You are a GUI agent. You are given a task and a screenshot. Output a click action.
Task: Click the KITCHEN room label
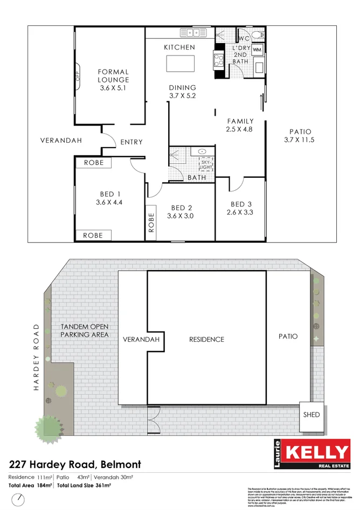coord(179,47)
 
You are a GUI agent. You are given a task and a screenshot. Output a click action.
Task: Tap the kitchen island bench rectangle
coord(180,64)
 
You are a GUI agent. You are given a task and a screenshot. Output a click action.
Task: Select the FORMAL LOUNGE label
coord(113,76)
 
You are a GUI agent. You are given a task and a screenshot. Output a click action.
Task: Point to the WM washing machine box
coord(257,50)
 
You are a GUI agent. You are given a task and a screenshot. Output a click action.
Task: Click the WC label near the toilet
coord(243,38)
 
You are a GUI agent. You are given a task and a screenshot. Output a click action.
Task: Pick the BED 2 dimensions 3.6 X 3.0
coord(182,216)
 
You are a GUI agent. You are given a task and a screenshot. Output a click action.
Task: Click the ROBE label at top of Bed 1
coord(93,162)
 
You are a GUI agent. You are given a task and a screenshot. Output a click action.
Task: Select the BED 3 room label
coord(241,204)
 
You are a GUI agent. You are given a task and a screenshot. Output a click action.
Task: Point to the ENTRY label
coord(131,142)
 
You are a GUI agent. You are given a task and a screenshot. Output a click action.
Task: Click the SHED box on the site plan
coord(311,415)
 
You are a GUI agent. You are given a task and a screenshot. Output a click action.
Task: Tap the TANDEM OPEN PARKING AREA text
coord(85,330)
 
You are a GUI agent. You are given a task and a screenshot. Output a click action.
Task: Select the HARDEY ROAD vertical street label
coord(37,357)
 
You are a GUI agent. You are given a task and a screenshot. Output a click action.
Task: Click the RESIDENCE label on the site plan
coord(206,339)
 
